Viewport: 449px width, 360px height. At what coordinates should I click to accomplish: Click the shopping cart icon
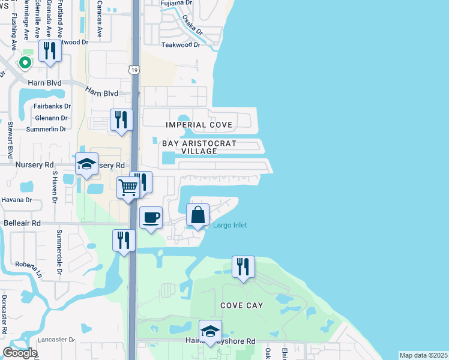128,188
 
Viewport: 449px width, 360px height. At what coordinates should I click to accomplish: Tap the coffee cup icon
151,217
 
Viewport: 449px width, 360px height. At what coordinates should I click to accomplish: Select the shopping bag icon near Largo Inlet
197,215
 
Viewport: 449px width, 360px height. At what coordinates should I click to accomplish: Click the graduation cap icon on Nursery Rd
87,164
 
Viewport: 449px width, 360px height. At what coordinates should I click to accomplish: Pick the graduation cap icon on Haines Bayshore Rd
210,331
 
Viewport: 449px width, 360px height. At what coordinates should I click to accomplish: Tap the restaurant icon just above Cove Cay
243,267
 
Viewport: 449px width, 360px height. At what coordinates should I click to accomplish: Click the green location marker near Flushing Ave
25,62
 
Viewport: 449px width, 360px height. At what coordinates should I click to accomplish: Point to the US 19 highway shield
135,70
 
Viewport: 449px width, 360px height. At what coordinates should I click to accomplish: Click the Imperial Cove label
199,125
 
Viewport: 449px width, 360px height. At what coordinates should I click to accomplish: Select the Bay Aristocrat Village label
199,148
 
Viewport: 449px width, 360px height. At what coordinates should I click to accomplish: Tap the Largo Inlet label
229,225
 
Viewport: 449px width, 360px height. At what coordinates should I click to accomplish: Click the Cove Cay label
241,305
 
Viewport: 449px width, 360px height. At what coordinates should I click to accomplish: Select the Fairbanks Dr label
52,106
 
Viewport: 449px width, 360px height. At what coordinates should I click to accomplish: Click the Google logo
20,352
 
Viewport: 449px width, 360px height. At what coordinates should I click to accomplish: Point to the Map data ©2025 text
423,355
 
